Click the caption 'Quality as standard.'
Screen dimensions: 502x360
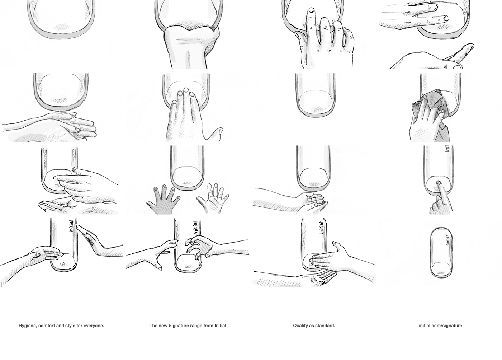coord(314,326)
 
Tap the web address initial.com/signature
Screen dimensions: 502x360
coord(440,326)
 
